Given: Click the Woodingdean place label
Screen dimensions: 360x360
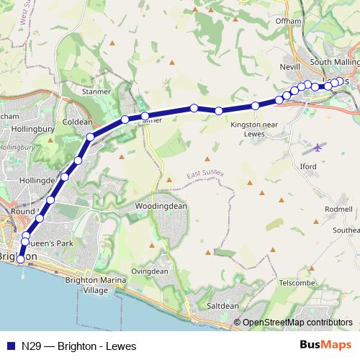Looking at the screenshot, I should click(161, 206).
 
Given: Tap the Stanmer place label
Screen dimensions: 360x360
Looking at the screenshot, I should click(96, 92).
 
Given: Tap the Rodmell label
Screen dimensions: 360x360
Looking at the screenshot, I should click(338, 209).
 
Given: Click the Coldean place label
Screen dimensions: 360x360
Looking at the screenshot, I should click(78, 122).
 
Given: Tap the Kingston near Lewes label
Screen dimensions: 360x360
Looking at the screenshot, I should click(249, 129).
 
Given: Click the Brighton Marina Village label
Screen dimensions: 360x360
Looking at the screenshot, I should click(95, 285).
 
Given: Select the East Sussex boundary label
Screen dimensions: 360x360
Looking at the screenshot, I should click(205, 175).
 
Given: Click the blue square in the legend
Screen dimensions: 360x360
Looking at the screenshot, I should click(10, 346).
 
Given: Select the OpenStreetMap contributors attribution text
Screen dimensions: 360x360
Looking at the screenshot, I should click(297, 323).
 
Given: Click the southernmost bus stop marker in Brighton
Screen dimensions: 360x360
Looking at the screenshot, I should click(20, 259).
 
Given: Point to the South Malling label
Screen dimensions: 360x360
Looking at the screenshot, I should click(333, 63).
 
